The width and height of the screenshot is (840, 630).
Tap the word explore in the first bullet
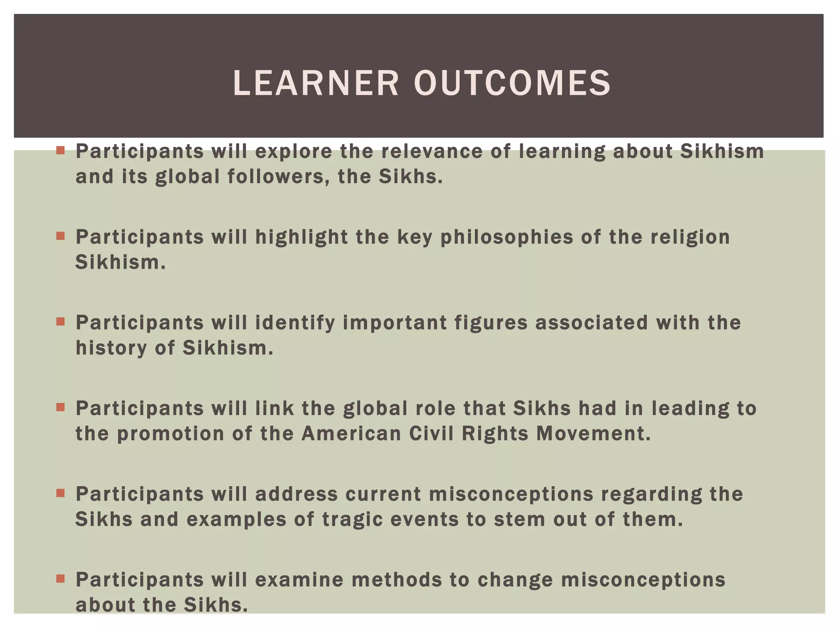pos(294,152)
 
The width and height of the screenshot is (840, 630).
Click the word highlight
pos(301,237)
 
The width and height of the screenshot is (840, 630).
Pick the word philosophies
pos(507,237)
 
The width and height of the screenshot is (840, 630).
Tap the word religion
pos(690,237)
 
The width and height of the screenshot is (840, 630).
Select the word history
pos(111,348)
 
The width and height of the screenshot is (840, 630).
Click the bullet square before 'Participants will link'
pos(61,407)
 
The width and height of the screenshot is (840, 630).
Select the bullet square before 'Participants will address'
pos(61,493)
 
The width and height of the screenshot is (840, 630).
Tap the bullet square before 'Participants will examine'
pos(61,579)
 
